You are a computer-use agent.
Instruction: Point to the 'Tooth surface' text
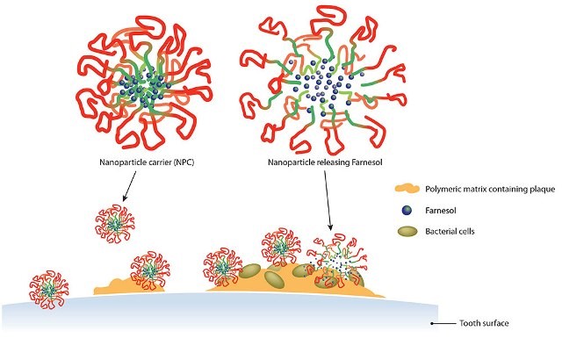484,323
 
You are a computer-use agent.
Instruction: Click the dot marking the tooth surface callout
432,323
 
